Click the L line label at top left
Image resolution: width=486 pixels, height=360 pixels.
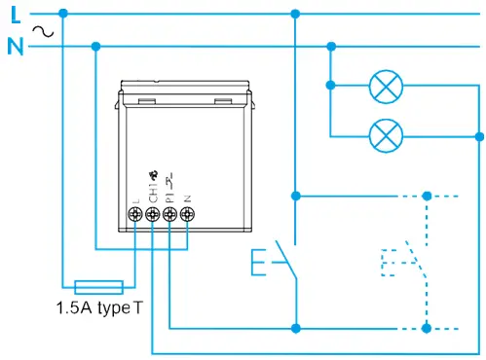(x=14, y=13)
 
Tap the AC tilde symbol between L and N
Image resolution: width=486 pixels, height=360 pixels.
(x=43, y=30)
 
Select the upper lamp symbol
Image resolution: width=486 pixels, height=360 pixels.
(x=388, y=88)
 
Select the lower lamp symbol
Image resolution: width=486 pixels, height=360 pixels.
(x=388, y=131)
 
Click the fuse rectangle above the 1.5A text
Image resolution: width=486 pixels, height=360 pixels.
(x=99, y=286)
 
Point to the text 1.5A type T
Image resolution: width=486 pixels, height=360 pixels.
(x=99, y=308)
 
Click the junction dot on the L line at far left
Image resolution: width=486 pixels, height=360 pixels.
(x=63, y=14)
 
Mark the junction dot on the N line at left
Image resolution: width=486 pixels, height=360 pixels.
(x=95, y=46)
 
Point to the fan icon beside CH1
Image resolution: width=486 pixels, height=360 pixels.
(x=153, y=173)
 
